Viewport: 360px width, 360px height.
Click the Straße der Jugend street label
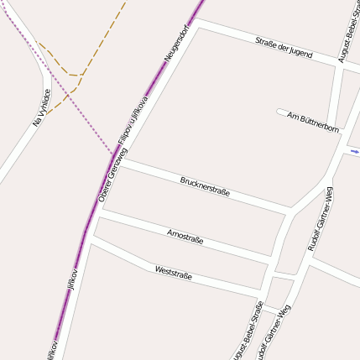click(284, 47)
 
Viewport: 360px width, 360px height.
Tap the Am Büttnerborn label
click(313, 122)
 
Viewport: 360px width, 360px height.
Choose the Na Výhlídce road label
click(42, 107)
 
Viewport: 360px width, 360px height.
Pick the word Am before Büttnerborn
click(292, 116)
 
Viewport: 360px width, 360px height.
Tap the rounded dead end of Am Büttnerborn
click(279, 112)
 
